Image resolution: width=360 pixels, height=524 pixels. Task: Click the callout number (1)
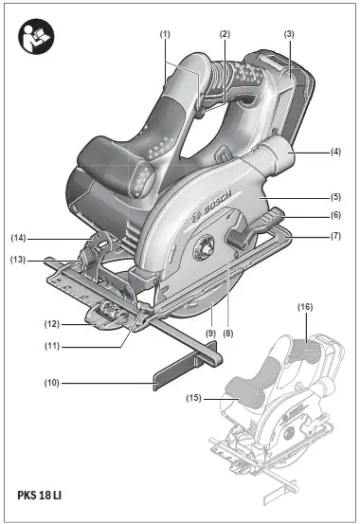pos(165,33)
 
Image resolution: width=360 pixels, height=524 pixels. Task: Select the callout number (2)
pos(225,33)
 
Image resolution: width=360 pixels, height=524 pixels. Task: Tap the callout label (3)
pos(289,33)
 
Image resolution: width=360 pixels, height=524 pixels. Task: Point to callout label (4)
pos(335,150)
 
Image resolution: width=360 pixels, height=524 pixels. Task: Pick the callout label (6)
pos(335,216)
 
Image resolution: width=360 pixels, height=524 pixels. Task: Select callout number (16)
pos(304,308)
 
